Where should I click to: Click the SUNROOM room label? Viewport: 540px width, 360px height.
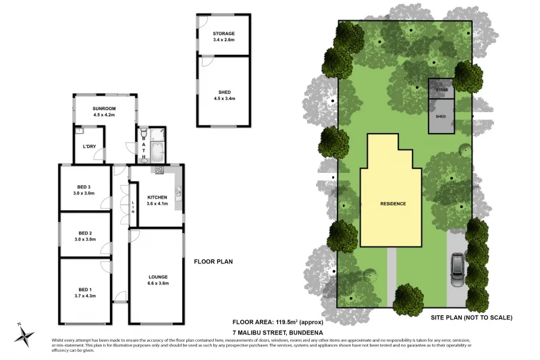(x=105, y=108)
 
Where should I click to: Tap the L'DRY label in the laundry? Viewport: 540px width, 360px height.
(x=88, y=147)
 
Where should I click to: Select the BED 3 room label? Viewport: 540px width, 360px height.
(x=84, y=187)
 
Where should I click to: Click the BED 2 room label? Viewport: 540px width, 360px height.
(x=84, y=233)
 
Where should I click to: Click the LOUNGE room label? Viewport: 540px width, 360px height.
(x=159, y=277)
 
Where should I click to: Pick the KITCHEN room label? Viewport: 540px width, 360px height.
(x=157, y=197)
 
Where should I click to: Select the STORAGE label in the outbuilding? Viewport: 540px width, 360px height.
(x=223, y=33)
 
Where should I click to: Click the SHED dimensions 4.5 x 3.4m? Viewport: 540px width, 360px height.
(x=224, y=99)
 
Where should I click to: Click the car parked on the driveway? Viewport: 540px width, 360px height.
(x=457, y=269)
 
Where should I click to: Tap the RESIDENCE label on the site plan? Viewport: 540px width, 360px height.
(x=392, y=203)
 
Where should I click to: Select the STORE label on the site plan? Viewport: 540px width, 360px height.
(x=441, y=89)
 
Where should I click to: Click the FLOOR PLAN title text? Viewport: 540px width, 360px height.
(x=213, y=261)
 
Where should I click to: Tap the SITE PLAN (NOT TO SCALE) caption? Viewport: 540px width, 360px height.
(x=471, y=317)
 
